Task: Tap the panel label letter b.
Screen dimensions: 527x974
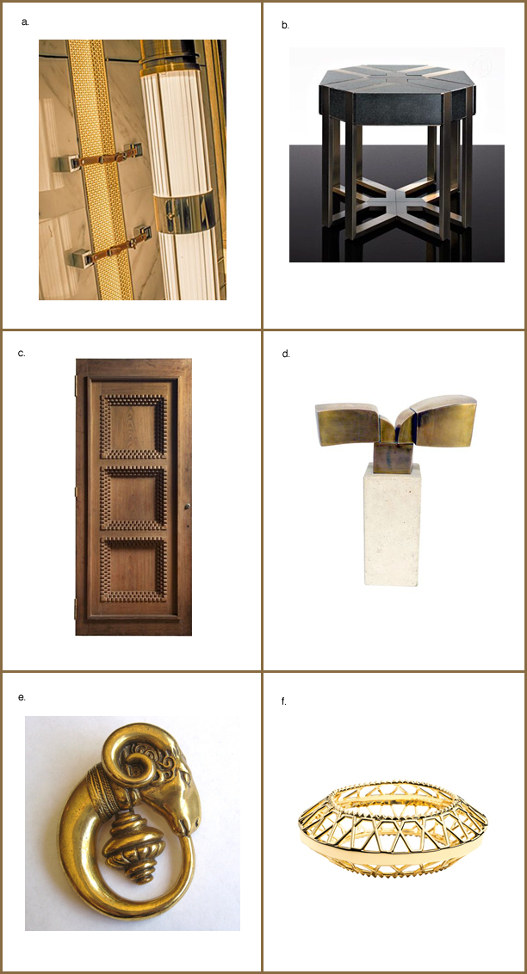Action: [x=285, y=26]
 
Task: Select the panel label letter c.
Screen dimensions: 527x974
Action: [x=22, y=354]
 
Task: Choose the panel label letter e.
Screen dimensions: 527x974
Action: [x=22, y=697]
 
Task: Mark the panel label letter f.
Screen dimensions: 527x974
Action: [x=284, y=701]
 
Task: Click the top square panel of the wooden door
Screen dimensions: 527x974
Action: [x=133, y=426]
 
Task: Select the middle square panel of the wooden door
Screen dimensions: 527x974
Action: [x=133, y=497]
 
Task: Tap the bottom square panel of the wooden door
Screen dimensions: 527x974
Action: [x=133, y=569]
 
